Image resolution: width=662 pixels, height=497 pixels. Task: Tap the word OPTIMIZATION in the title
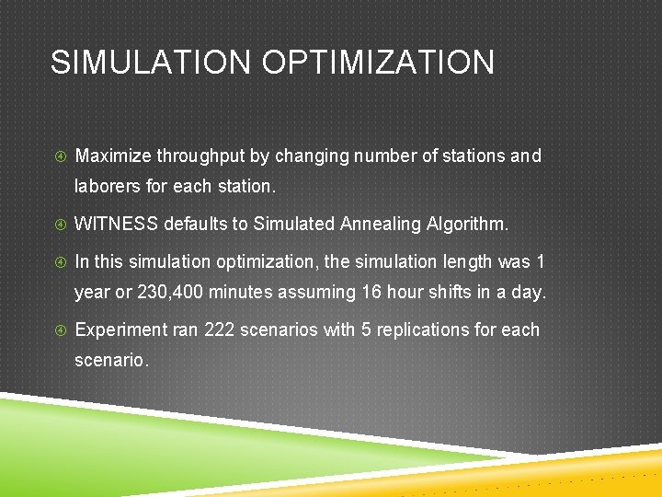pyautogui.click(x=379, y=63)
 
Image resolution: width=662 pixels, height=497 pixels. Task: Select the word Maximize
pyautogui.click(x=113, y=156)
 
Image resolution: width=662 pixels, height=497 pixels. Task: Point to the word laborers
pyautogui.click(x=108, y=186)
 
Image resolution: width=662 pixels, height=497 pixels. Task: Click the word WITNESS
pyautogui.click(x=115, y=224)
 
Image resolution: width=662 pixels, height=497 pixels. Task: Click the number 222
pyautogui.click(x=218, y=329)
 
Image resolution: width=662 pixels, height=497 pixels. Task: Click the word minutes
pyautogui.click(x=242, y=293)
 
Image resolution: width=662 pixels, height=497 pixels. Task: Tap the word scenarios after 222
pyautogui.click(x=272, y=329)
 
